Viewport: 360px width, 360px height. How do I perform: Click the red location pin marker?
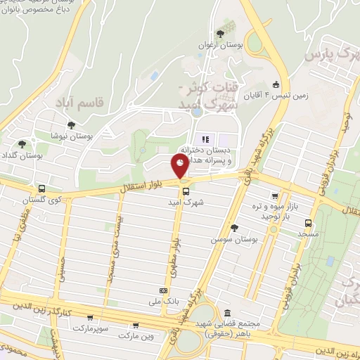(180, 166)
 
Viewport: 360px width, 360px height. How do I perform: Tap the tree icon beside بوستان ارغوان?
(221, 33)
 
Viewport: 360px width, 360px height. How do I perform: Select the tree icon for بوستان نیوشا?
(70, 124)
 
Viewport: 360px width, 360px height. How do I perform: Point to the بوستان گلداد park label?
(19, 153)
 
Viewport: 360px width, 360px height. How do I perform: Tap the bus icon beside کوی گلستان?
(42, 188)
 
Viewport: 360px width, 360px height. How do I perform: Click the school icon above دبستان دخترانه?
(205, 139)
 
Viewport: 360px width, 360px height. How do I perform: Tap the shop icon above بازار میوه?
(275, 197)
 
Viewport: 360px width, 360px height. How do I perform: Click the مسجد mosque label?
(308, 233)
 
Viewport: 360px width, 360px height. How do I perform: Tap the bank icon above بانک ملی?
(163, 290)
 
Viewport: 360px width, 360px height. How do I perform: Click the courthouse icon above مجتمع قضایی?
(226, 313)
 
